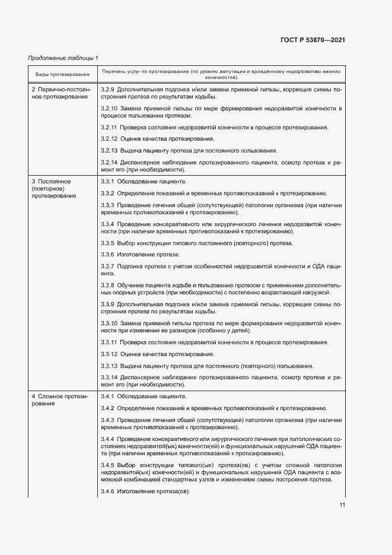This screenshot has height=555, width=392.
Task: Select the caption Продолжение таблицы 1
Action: [63, 58]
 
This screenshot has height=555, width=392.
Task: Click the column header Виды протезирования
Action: [62, 74]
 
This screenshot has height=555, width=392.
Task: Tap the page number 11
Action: [342, 505]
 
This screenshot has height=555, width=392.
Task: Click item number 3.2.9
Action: [108, 89]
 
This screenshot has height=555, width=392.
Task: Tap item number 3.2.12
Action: [110, 139]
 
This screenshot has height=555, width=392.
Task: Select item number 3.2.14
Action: [110, 161]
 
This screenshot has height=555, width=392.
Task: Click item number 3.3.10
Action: [110, 324]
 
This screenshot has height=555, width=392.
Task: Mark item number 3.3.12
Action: [110, 354]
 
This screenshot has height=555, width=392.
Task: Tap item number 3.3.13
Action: [110, 365]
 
